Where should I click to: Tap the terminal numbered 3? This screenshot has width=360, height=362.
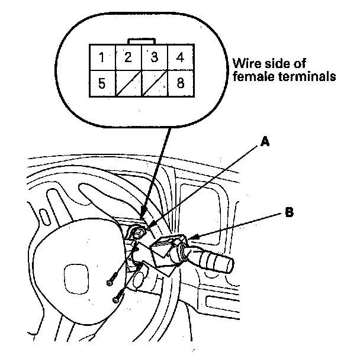tap(155, 58)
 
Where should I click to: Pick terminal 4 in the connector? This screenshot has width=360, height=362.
tap(180, 58)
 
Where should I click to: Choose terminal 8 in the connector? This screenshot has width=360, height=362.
tap(180, 83)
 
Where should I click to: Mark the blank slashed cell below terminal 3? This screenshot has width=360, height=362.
tap(155, 83)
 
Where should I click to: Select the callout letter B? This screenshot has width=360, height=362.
tap(289, 211)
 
